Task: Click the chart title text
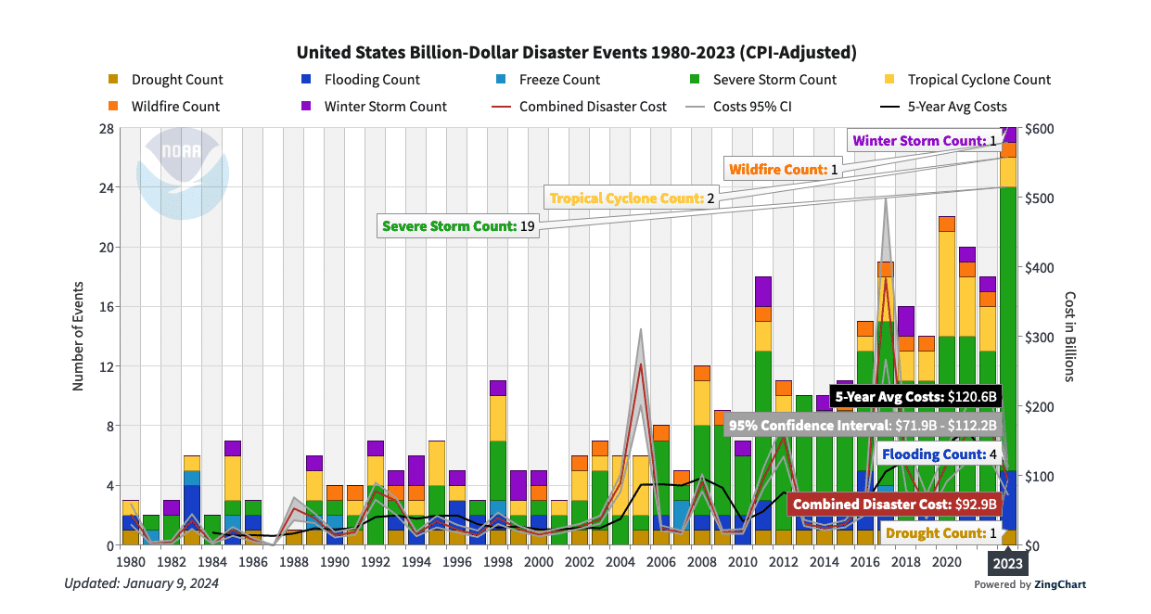[575, 51]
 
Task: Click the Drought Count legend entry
[176, 80]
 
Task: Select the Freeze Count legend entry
[558, 80]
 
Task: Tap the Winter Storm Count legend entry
[385, 107]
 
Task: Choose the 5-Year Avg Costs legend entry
[956, 107]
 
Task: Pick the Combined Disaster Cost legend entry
[592, 107]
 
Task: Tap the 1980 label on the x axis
[131, 562]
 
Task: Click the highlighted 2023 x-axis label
[1008, 562]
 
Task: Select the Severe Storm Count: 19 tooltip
[460, 225]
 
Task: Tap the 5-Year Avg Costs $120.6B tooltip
[915, 397]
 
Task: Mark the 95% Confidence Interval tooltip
[863, 426]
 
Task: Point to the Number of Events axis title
[79, 336]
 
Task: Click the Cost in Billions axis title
[1069, 336]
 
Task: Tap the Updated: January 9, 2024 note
[141, 583]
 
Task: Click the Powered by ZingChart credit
[1030, 584]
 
